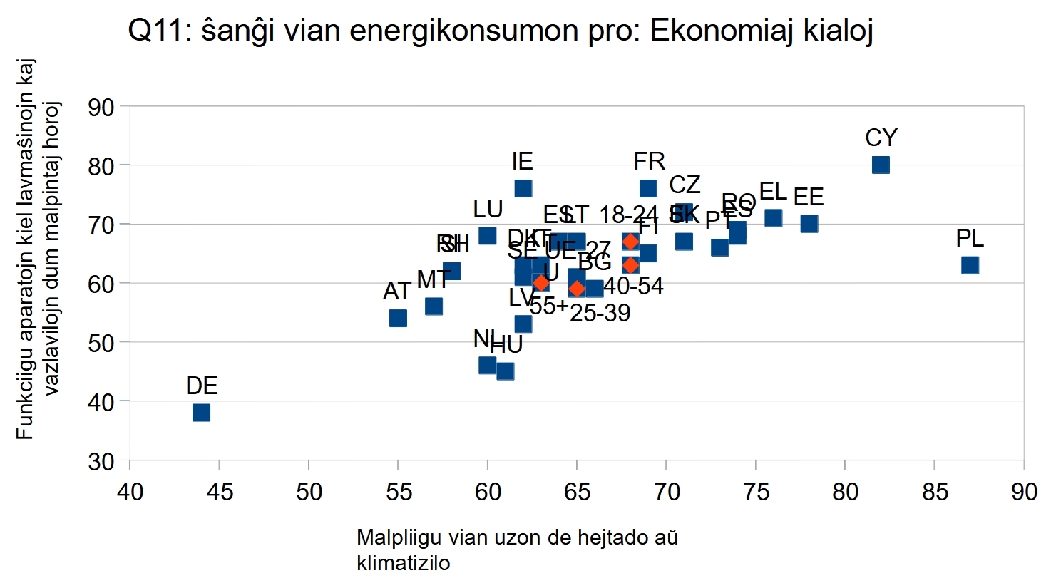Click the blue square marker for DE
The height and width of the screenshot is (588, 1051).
[201, 413]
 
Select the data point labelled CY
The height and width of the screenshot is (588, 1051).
[881, 165]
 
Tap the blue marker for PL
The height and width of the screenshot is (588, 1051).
[970, 265]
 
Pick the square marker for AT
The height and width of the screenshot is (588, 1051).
[398, 318]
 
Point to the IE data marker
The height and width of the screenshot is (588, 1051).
[523, 188]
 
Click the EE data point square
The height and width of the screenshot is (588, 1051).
[809, 224]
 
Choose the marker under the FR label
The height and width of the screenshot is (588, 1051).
[648, 188]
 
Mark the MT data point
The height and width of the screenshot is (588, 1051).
[434, 306]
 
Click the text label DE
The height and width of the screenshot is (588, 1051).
[201, 386]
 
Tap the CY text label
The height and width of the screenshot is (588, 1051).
[881, 138]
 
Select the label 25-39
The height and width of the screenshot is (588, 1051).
[600, 313]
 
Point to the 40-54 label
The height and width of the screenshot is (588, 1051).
[633, 287]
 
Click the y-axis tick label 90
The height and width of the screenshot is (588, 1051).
[101, 107]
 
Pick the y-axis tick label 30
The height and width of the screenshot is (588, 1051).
[101, 461]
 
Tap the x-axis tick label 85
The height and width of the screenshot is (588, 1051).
[934, 492]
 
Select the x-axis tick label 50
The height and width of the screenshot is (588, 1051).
[308, 492]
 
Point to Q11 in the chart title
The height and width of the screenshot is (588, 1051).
[154, 31]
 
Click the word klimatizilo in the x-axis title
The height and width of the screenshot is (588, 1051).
[403, 563]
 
